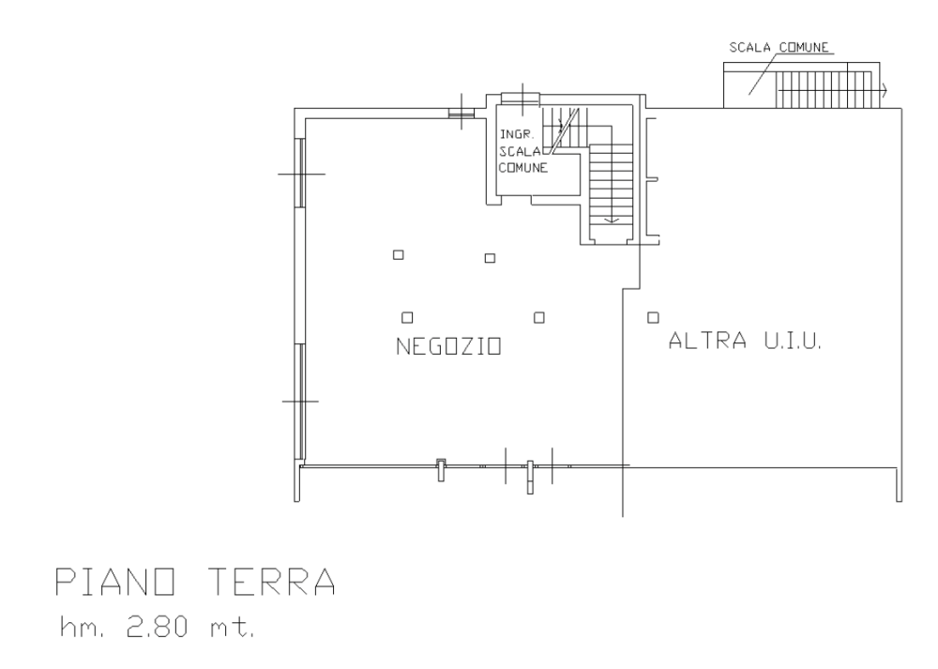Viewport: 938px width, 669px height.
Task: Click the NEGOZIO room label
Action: (x=448, y=346)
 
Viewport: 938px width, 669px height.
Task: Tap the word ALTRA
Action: (x=707, y=341)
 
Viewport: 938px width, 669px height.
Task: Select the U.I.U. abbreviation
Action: (x=792, y=341)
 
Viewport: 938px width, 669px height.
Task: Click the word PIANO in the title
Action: (x=114, y=581)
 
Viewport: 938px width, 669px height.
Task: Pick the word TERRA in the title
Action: (x=272, y=581)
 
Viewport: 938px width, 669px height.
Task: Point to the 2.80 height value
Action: (x=157, y=627)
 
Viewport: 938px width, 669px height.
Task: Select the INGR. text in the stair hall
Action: (x=516, y=134)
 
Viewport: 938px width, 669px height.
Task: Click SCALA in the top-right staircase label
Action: (x=749, y=47)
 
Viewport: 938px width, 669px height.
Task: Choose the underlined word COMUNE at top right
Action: (x=804, y=47)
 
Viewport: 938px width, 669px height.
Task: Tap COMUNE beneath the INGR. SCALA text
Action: (x=522, y=168)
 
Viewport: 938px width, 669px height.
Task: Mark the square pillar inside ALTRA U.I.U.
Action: (x=653, y=317)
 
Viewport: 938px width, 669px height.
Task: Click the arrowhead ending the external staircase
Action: (x=884, y=91)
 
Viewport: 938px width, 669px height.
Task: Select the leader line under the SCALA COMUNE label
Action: (x=764, y=73)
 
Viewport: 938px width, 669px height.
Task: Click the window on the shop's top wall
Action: (x=461, y=112)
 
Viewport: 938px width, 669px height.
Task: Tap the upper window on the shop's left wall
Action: (x=301, y=173)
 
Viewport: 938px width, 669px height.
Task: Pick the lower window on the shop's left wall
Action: (x=301, y=402)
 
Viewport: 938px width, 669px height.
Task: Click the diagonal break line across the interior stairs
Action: (x=565, y=131)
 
